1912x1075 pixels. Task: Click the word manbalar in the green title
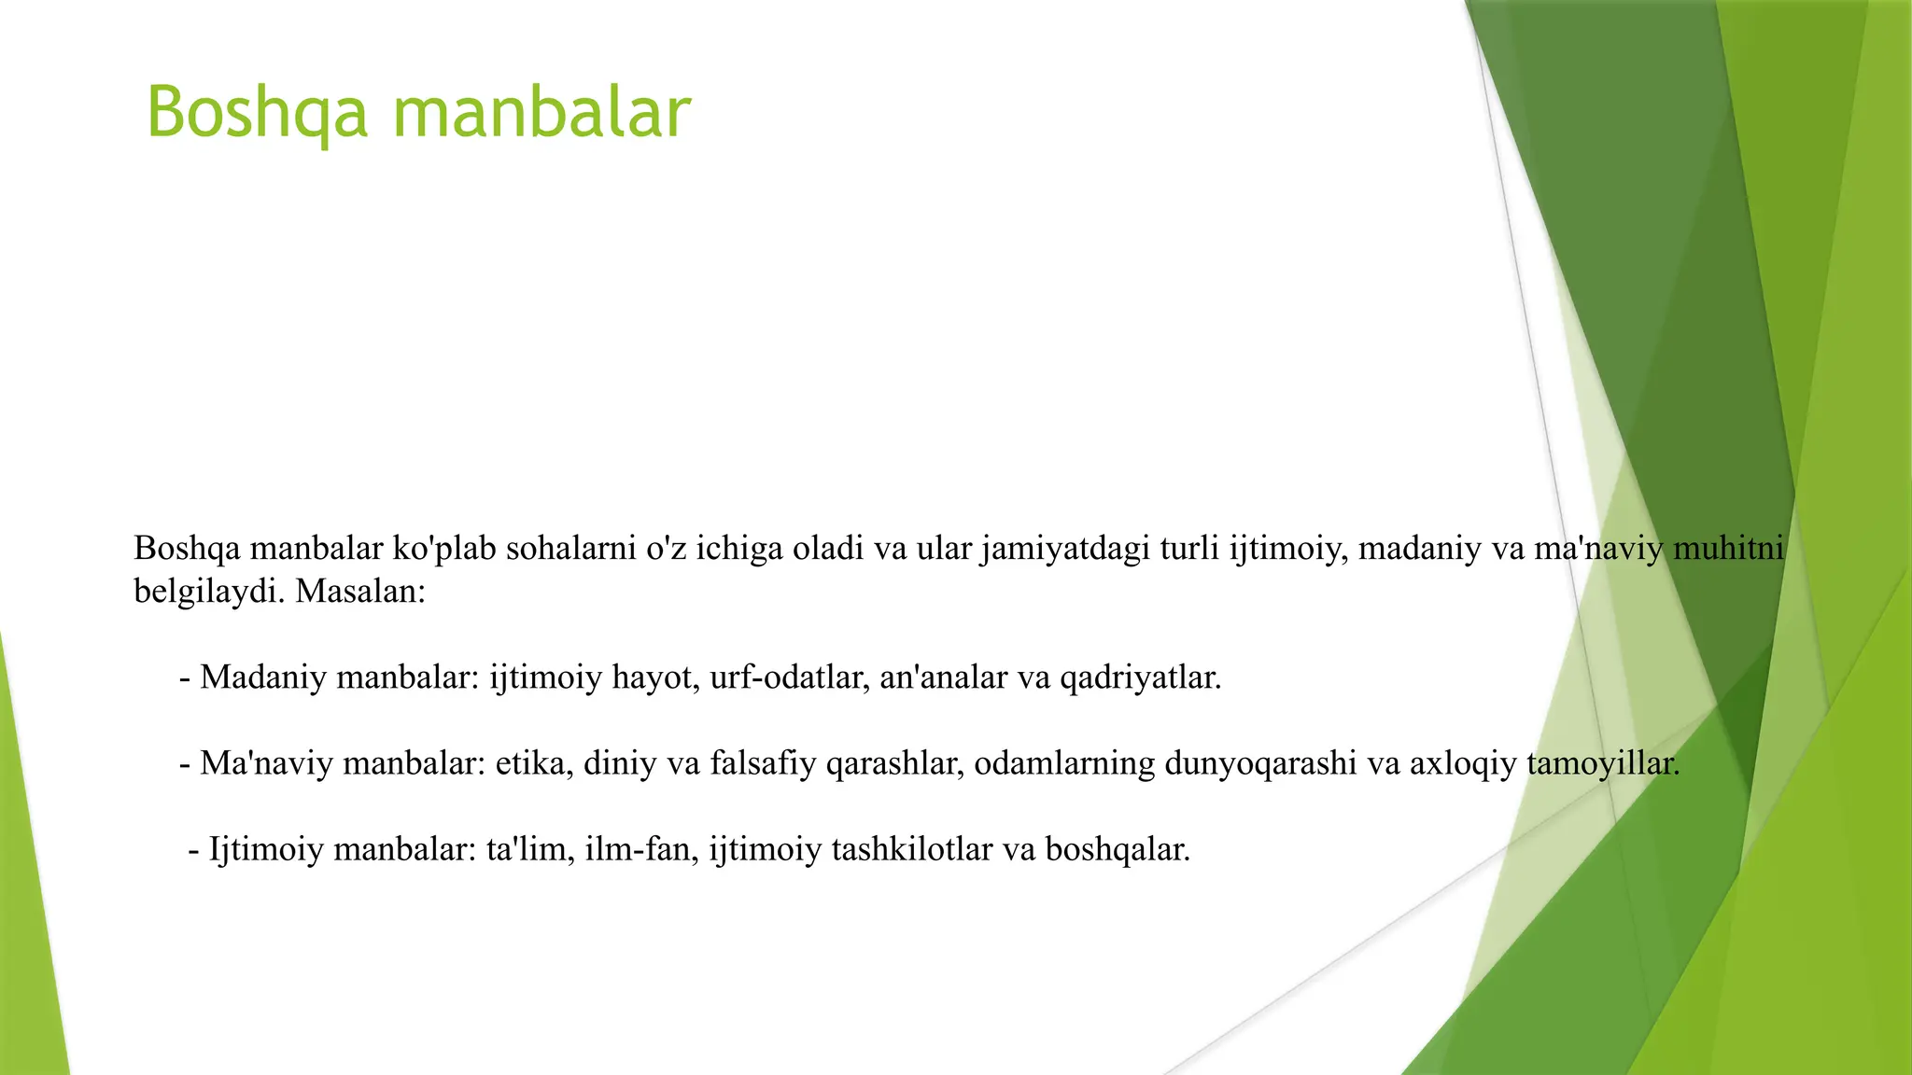point(541,113)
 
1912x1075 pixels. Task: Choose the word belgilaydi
point(205,592)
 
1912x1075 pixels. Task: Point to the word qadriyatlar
point(1140,677)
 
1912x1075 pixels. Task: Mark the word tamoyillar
point(1602,763)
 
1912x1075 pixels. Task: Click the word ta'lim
point(529,849)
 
